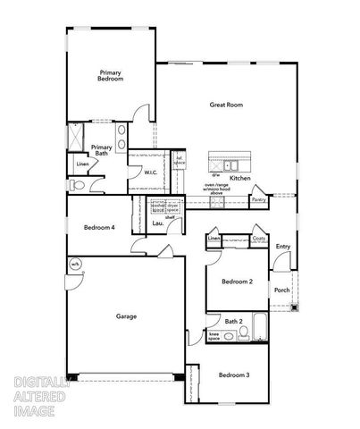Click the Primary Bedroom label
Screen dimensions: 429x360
[x=110, y=76]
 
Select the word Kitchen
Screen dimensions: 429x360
[x=240, y=178]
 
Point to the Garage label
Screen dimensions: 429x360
[x=126, y=315]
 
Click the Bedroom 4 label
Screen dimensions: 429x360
[x=99, y=227]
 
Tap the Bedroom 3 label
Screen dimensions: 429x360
[x=234, y=374]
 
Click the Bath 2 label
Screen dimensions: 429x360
[x=234, y=321]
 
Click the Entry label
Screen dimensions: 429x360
[x=283, y=247]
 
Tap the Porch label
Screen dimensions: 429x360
[x=281, y=290]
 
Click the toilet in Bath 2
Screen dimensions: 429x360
[x=241, y=337]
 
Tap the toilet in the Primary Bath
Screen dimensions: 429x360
[x=77, y=185]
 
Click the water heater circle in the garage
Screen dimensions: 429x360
[x=76, y=265]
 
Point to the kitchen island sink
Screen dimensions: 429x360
[x=230, y=165]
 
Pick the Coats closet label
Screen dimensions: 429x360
[x=259, y=239]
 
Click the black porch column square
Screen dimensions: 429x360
[x=296, y=308]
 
